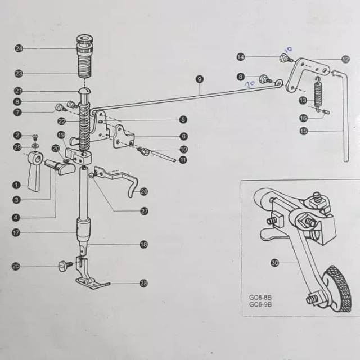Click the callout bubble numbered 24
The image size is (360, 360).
(19, 49)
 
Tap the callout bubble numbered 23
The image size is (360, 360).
(19, 74)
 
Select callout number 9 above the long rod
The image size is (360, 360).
(199, 79)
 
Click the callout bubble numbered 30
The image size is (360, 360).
(274, 263)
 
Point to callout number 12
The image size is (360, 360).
(345, 59)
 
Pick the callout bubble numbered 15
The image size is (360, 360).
(303, 131)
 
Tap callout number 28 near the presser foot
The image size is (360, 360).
(143, 283)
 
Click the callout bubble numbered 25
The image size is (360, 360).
(16, 266)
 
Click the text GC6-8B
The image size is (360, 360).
(261, 298)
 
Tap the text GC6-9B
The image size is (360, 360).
(261, 305)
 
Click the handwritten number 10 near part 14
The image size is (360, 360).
(289, 50)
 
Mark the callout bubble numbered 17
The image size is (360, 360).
(17, 232)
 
